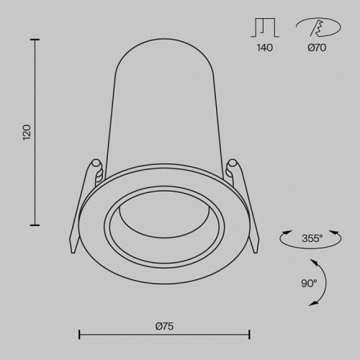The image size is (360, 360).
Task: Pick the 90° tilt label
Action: tap(309, 284)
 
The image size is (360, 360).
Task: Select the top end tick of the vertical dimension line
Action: tap(36, 40)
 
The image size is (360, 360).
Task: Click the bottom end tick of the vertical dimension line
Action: tap(36, 224)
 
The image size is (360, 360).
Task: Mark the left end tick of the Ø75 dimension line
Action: tap(78, 334)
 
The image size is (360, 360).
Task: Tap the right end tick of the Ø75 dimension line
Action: tap(249, 334)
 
